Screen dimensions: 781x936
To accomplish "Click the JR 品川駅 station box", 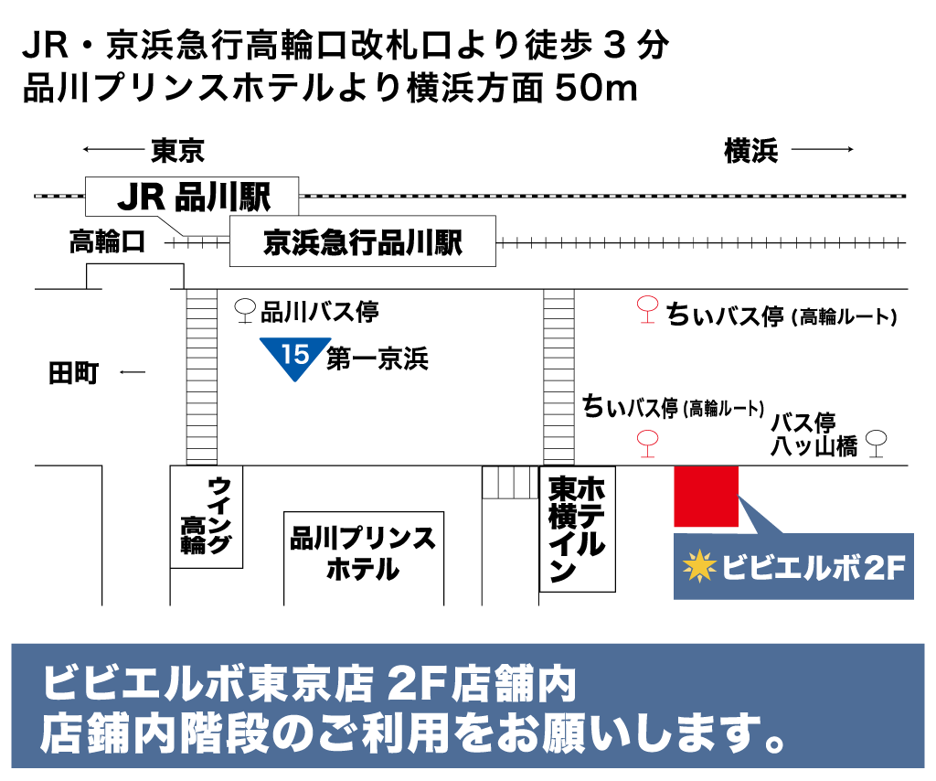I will click(192, 196).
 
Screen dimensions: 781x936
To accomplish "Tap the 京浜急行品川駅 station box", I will click(362, 241).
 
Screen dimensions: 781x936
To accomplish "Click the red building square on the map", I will click(706, 495).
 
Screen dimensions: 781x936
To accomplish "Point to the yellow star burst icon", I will click(700, 567).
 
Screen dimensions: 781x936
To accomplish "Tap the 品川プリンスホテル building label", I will click(363, 553).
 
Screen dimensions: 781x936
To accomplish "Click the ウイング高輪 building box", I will click(207, 517).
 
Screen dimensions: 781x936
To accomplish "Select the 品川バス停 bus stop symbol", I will click(245, 311).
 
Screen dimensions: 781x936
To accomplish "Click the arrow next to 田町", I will click(133, 372).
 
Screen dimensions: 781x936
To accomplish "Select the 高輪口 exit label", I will click(107, 243).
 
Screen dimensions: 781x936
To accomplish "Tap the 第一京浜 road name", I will click(378, 359).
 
